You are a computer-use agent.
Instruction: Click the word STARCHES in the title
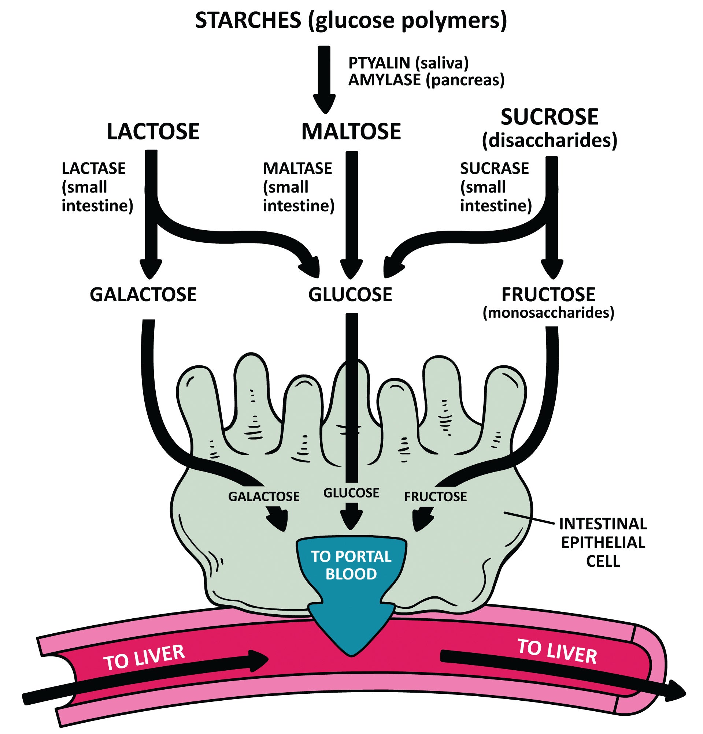click(x=248, y=20)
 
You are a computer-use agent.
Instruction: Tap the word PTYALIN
click(x=379, y=63)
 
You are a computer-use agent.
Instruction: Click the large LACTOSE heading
click(x=153, y=132)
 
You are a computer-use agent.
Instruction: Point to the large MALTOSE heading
click(x=351, y=132)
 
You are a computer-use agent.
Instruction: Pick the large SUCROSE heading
click(x=550, y=117)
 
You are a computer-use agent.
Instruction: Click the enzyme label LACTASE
click(x=94, y=168)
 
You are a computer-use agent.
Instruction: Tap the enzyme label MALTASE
click(x=297, y=168)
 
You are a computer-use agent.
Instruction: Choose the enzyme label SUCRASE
click(x=494, y=168)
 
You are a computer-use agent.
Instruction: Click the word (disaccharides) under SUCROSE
click(x=550, y=141)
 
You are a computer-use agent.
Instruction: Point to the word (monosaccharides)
click(x=548, y=313)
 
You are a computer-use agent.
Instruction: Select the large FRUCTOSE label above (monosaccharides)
click(x=548, y=295)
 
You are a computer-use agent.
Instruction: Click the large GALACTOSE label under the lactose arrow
click(x=143, y=295)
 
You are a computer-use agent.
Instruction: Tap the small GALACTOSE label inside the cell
click(x=264, y=496)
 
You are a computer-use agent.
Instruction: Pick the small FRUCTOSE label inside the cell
click(x=436, y=496)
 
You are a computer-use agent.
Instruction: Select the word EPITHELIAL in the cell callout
click(x=603, y=543)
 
